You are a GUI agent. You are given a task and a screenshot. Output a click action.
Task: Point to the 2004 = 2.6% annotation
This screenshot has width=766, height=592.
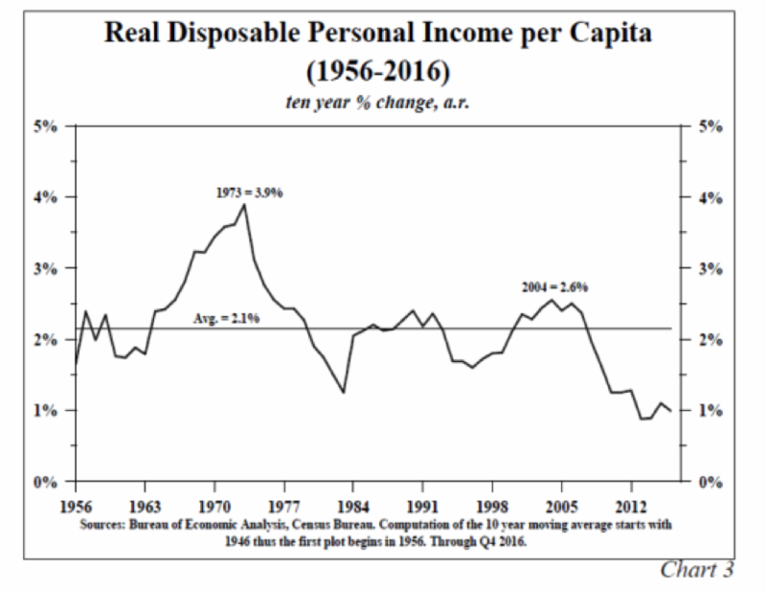click(554, 285)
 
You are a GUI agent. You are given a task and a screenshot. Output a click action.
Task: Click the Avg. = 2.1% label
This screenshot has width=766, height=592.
click(238, 319)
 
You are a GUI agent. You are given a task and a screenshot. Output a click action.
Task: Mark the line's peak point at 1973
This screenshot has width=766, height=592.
click(245, 204)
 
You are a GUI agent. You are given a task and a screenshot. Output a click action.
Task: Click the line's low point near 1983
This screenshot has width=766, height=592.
click(344, 392)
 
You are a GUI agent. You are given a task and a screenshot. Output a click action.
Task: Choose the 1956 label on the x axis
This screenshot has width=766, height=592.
click(77, 504)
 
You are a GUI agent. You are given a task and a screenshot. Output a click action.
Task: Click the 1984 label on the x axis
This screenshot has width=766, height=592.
click(354, 504)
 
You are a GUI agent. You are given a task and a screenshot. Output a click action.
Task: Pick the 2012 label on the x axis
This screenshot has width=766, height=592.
click(632, 504)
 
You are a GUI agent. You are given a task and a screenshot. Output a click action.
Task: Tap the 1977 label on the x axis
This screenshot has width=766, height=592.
click(284, 504)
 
